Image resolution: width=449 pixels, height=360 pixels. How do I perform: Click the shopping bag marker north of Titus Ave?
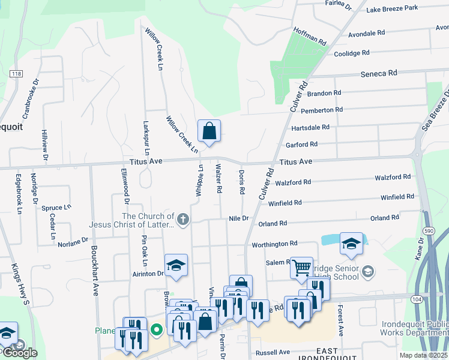click(209, 131)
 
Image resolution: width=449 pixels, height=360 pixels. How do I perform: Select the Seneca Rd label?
click(379, 73)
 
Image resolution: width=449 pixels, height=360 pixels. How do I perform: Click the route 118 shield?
click(16, 73)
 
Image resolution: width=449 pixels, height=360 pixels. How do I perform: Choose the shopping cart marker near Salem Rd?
click(301, 267)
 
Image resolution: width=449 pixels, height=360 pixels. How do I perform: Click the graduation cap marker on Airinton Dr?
click(176, 266)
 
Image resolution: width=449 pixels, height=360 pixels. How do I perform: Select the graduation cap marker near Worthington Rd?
click(351, 244)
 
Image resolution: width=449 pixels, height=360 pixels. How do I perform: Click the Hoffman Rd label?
click(309, 37)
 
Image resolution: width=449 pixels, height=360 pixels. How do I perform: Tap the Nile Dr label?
click(238, 218)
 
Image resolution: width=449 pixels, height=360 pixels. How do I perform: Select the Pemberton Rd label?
click(322, 110)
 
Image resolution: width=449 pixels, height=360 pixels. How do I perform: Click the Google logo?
click(19, 353)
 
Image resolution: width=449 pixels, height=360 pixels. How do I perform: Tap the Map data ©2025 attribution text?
click(424, 355)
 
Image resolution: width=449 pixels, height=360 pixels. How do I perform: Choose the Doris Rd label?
click(241, 182)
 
